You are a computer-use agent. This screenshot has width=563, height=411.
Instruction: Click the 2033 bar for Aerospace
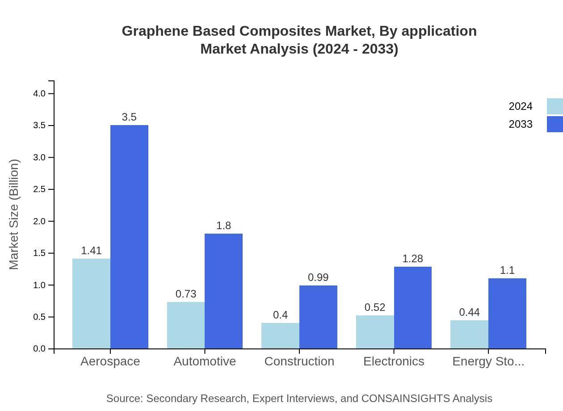[x=129, y=237]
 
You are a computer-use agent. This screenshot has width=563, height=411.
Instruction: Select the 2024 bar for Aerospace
[x=91, y=304]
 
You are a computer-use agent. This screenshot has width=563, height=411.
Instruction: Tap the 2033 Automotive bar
[x=223, y=291]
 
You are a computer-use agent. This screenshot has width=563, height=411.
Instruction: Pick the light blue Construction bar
[x=280, y=336]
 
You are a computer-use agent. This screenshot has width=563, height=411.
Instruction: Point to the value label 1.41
[x=91, y=251]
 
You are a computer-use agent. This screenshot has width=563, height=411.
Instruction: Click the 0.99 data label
[x=318, y=277]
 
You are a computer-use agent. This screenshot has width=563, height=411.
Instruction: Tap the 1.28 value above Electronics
[x=412, y=259]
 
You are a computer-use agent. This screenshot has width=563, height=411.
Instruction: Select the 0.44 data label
[x=469, y=312]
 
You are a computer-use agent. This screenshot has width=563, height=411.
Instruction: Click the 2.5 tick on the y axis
[x=40, y=189]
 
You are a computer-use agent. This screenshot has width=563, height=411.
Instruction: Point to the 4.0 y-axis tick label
[x=40, y=93]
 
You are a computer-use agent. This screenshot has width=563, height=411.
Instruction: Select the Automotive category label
[x=205, y=361]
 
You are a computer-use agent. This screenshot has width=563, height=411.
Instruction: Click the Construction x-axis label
[x=299, y=361]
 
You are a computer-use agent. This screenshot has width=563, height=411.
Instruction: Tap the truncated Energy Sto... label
[x=488, y=361]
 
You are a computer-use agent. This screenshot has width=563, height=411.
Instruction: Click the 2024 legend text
[x=521, y=106]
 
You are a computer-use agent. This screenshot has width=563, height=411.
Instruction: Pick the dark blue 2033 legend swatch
[x=555, y=124]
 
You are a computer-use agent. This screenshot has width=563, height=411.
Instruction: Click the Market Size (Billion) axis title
[x=14, y=214]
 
